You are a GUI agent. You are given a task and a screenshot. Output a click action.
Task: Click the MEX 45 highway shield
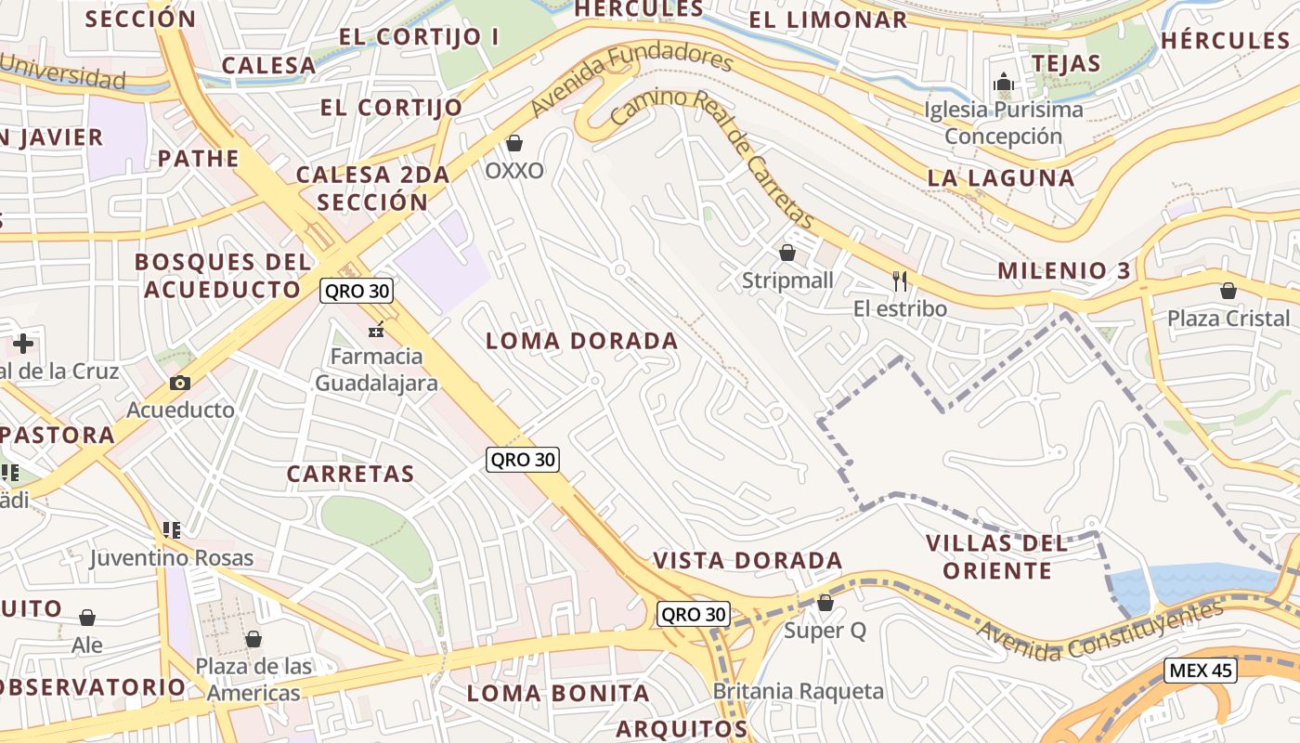(1201, 671)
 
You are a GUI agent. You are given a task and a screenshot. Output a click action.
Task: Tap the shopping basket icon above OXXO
(514, 143)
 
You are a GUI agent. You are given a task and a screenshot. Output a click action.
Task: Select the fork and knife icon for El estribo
(899, 280)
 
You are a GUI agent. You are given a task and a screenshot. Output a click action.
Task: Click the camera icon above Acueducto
(180, 383)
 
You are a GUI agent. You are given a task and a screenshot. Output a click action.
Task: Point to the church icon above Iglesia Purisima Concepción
(1003, 83)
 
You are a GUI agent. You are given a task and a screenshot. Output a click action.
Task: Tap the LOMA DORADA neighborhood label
(582, 341)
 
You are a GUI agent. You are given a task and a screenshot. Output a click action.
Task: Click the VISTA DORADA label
(747, 560)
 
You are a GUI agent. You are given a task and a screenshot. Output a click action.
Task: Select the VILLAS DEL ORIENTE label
(997, 556)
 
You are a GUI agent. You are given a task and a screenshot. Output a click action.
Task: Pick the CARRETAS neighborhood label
(350, 474)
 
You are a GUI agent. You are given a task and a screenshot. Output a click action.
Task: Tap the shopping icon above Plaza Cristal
(1228, 291)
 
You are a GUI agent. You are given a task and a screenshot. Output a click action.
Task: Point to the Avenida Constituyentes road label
(1099, 632)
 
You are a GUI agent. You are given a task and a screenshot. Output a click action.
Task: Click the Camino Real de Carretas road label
(712, 157)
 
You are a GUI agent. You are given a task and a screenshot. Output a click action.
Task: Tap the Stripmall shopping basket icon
(787, 253)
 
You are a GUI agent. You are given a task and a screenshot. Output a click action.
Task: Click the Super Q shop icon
(825, 604)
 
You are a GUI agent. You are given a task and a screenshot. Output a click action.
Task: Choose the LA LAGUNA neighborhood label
(1001, 177)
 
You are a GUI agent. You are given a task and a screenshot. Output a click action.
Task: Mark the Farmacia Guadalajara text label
(376, 370)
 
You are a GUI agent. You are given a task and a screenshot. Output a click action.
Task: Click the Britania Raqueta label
(798, 691)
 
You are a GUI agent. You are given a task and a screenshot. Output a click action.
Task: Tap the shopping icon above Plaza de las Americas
(253, 639)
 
